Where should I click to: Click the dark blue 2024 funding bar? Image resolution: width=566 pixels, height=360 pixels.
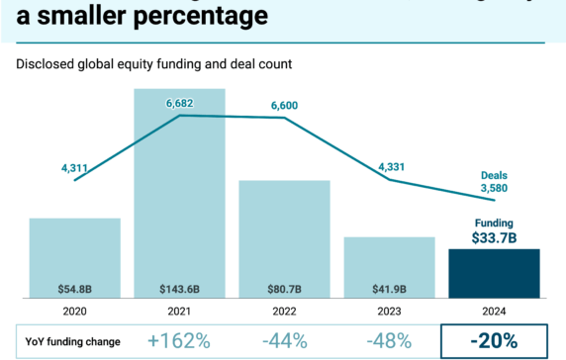click(x=494, y=272)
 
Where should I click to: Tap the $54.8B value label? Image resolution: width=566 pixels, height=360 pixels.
click(x=74, y=289)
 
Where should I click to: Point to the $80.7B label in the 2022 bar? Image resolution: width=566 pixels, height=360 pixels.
click(x=284, y=289)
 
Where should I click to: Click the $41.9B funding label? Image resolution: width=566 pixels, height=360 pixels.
click(x=389, y=289)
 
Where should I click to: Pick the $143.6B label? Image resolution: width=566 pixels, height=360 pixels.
click(x=179, y=289)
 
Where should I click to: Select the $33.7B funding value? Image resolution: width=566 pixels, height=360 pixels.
click(x=494, y=238)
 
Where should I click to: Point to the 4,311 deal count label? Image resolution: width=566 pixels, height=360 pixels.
click(x=75, y=168)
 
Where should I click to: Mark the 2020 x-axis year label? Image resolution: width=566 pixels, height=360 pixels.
click(x=74, y=311)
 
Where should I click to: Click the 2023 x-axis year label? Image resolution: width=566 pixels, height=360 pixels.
click(x=389, y=311)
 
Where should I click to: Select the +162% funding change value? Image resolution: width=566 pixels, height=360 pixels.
click(x=178, y=341)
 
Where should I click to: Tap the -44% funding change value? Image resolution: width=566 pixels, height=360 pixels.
click(x=284, y=341)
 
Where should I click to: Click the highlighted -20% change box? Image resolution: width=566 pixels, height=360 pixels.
click(x=494, y=341)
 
